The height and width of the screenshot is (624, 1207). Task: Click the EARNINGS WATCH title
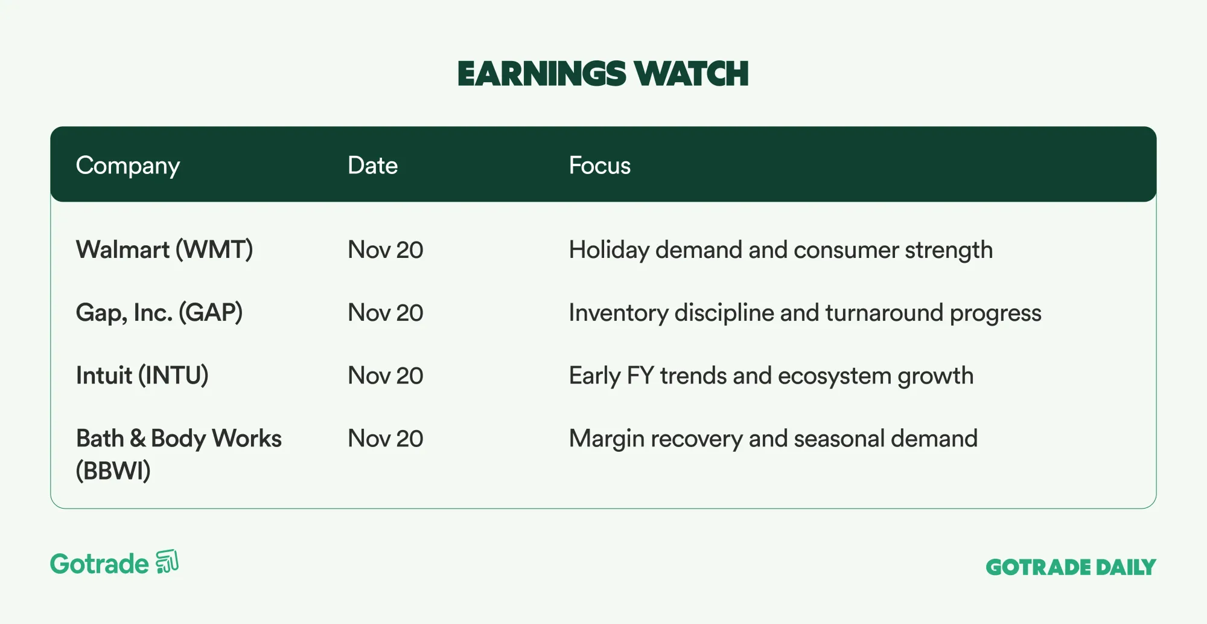tap(603, 74)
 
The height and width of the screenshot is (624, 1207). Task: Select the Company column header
tap(128, 166)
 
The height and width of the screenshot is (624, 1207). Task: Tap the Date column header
tap(372, 166)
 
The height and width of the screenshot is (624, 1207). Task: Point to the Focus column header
tap(599, 166)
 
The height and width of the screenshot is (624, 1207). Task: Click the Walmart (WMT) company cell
tap(164, 250)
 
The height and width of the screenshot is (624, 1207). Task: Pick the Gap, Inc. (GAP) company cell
tap(159, 313)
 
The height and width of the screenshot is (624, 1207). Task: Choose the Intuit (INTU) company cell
tap(142, 376)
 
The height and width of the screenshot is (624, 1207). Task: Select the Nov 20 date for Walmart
tap(386, 250)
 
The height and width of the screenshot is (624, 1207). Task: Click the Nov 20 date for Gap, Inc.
tap(386, 313)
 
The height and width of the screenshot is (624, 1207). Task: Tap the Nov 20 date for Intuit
tap(386, 376)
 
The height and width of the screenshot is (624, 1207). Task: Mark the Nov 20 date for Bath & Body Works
tap(386, 439)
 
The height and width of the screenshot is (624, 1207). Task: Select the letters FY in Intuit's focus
tap(640, 376)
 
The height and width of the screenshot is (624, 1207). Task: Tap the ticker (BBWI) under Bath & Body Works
tap(113, 471)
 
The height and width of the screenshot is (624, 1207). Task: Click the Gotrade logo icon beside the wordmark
tap(167, 562)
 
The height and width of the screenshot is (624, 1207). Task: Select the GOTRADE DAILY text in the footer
tap(1071, 567)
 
